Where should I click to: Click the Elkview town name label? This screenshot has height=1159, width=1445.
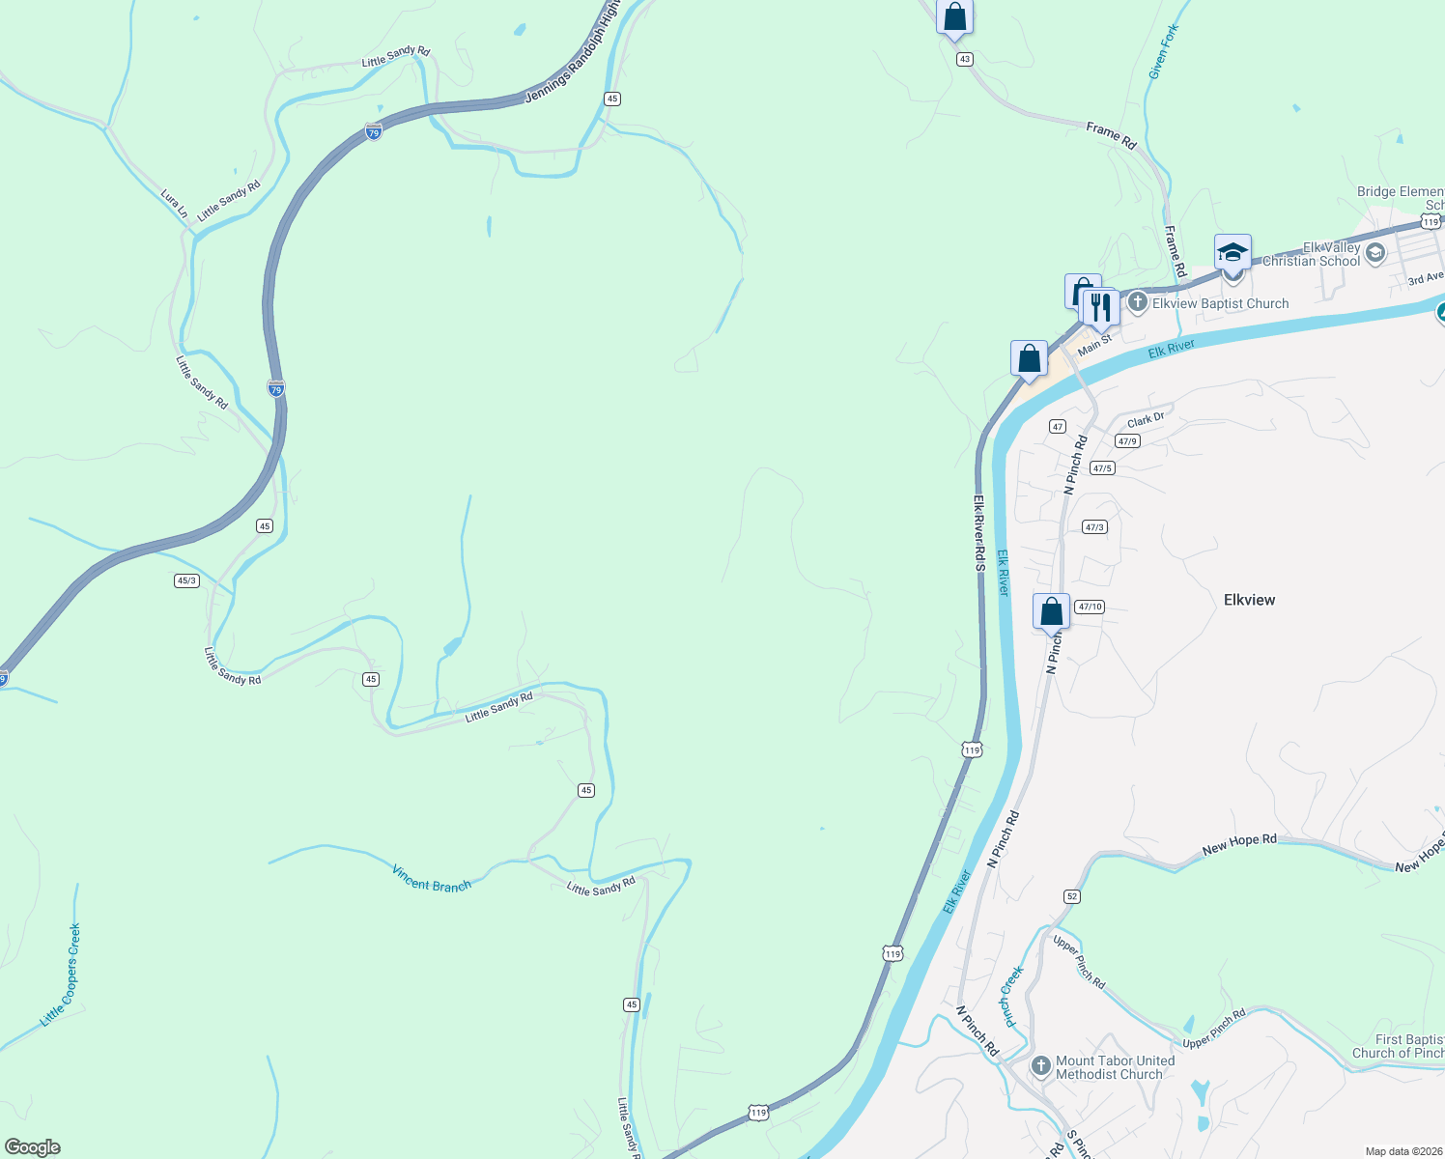1249,600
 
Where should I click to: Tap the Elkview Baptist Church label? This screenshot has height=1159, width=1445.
1220,303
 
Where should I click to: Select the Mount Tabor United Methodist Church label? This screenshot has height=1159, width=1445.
1115,1067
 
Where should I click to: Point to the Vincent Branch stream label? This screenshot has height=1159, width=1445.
431,879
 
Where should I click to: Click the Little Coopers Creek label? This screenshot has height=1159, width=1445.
61,975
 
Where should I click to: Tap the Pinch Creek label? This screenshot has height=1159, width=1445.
1012,996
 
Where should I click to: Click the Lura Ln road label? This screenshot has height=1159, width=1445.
175,204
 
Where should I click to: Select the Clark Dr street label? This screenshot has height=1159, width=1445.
1146,420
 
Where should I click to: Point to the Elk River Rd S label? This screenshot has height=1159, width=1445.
978,533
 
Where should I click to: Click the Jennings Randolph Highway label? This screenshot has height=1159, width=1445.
571,53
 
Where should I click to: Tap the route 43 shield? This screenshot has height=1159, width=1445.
964,59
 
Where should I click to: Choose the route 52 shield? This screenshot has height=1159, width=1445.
1072,896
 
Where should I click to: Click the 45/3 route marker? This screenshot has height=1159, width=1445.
186,580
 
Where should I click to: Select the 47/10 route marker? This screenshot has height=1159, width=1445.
1090,607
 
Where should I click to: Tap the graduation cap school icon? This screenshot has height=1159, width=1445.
1232,253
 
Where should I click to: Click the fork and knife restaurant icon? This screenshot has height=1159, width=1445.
1100,307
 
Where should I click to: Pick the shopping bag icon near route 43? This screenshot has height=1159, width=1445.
954,17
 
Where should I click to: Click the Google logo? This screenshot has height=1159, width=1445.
33,1147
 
